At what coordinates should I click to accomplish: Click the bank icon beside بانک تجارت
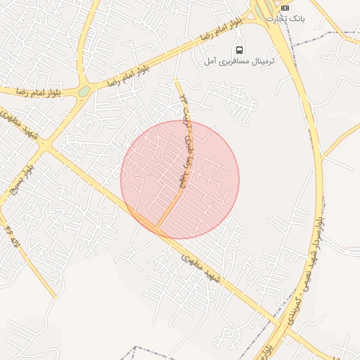[x=285, y=7]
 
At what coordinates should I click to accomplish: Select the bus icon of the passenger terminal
[x=240, y=50]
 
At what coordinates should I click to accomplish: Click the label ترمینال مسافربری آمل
[x=239, y=61]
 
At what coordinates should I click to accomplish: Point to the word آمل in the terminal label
[x=209, y=62]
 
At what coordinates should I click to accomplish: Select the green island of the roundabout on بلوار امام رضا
[x=84, y=91]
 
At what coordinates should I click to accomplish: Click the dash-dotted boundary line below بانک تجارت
[x=309, y=39]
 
